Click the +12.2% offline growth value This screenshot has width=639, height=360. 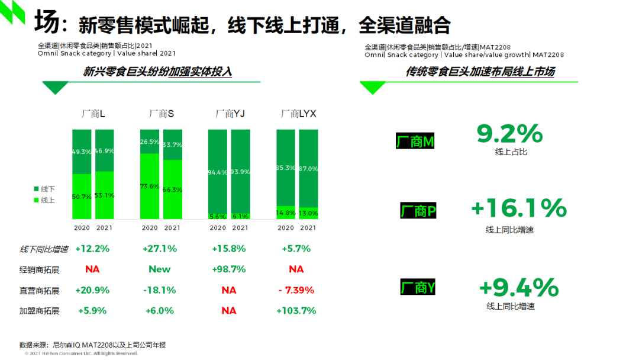(92, 249)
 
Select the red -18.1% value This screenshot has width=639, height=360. (159, 290)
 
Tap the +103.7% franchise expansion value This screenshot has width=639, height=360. (296, 310)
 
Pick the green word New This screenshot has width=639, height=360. (159, 269)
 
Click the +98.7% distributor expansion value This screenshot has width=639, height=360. (228, 269)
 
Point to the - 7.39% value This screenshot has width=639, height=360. (296, 290)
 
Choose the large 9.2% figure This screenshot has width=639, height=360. (509, 134)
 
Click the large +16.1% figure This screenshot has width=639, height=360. (518, 208)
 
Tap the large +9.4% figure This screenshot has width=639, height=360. (518, 288)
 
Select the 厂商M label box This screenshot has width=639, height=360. (415, 142)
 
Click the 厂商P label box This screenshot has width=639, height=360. (418, 211)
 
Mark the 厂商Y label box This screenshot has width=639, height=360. (418, 288)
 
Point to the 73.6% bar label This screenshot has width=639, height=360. (150, 186)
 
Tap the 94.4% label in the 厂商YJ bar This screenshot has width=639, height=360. (218, 172)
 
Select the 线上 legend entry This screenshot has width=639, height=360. (44, 200)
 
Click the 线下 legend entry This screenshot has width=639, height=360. (44, 189)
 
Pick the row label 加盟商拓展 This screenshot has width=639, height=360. (40, 311)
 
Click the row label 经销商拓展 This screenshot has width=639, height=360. (40, 270)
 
